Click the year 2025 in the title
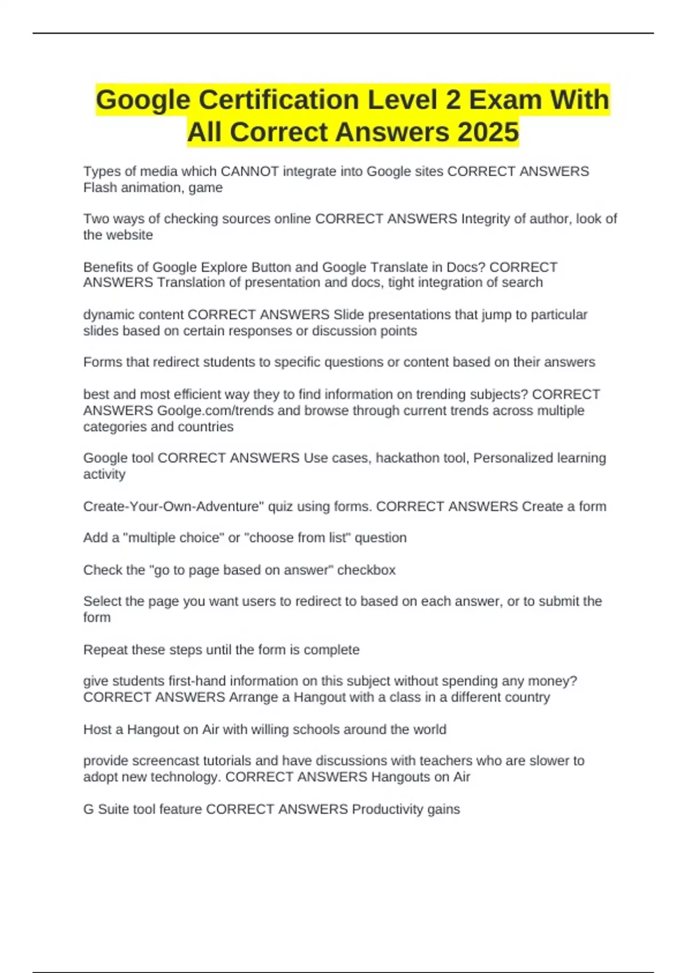(x=488, y=132)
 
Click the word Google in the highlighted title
(x=143, y=100)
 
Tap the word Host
(x=98, y=729)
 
